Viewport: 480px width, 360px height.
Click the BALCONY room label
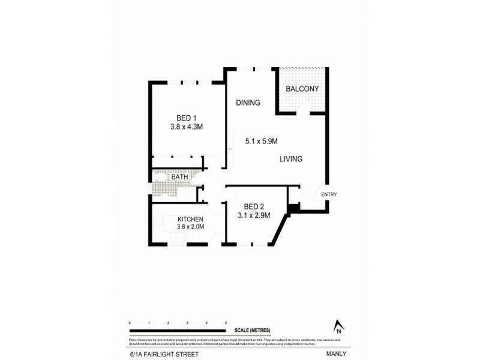[x=302, y=89]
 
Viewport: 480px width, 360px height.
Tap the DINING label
[x=248, y=103]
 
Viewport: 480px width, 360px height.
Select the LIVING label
[x=290, y=159]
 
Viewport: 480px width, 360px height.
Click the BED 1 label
[x=187, y=118]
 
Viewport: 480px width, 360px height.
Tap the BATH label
[x=179, y=177]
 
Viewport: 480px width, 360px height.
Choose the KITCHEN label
[x=190, y=220]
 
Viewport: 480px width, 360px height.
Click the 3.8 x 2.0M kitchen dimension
[x=191, y=227]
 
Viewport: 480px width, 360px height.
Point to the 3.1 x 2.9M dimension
[x=254, y=215]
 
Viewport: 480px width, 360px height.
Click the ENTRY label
[x=329, y=194]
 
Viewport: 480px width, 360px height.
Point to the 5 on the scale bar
[x=226, y=323]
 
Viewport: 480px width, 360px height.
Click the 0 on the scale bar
[x=130, y=323]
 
